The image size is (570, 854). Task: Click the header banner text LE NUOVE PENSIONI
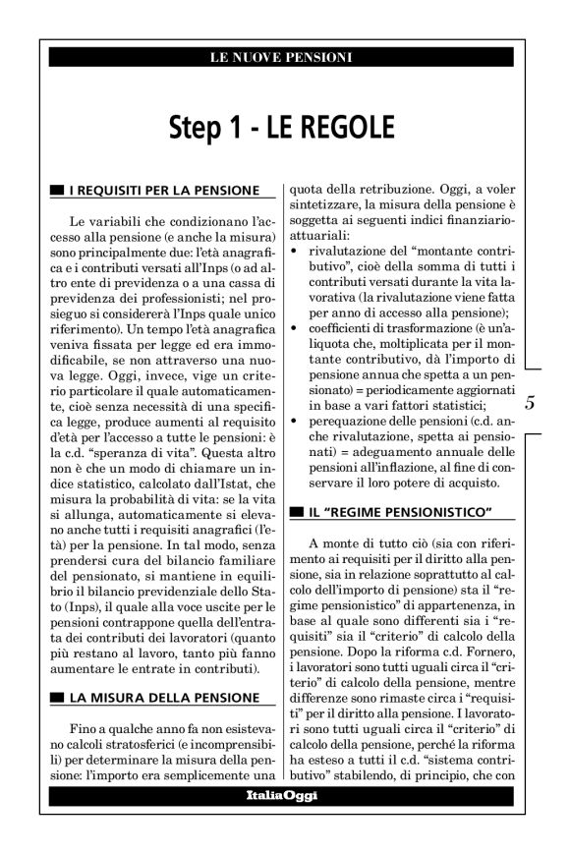[284, 57]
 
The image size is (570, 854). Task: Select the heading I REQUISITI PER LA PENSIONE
[164, 189]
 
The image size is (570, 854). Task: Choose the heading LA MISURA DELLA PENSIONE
[162, 698]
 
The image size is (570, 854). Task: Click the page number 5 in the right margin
[530, 402]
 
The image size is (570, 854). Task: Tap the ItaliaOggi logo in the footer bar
[284, 822]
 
